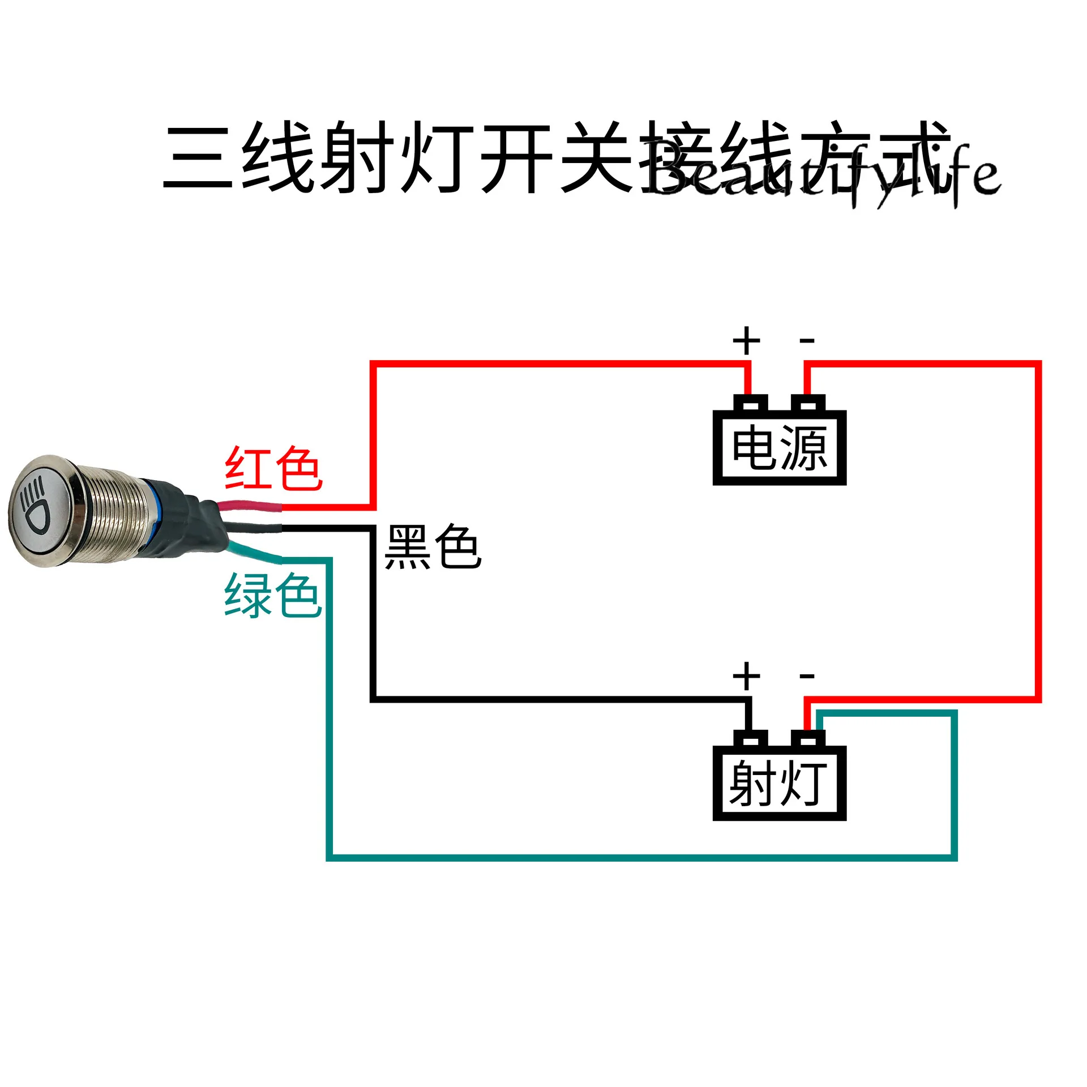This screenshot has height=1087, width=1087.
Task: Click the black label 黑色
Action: coord(433,547)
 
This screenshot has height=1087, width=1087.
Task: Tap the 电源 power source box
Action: coord(779,448)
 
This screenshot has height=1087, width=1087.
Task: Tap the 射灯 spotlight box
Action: coord(779,784)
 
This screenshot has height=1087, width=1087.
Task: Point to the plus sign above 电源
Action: coord(746,341)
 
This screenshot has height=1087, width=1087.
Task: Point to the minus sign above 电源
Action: coord(807,341)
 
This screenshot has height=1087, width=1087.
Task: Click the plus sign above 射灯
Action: coord(746,676)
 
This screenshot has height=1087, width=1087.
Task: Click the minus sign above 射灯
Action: coord(807,676)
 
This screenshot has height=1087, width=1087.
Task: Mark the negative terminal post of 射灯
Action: coord(808,738)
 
